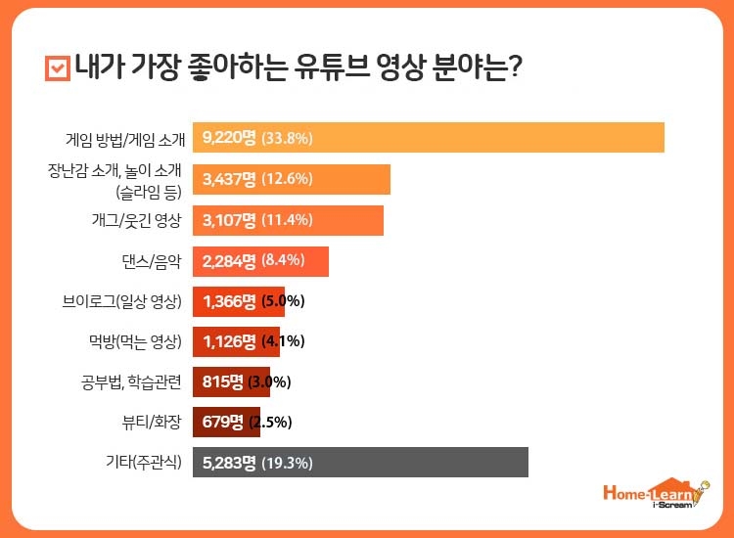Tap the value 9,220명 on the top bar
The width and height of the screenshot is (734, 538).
click(229, 138)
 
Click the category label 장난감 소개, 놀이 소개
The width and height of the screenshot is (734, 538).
click(115, 170)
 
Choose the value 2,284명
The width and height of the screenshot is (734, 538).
click(229, 261)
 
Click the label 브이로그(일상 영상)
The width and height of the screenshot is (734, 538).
click(121, 301)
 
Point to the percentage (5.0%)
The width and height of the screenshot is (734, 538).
click(284, 301)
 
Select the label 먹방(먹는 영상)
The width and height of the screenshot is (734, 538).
click(128, 342)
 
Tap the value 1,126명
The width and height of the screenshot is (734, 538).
click(229, 342)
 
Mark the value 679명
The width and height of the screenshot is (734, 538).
click(223, 423)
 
